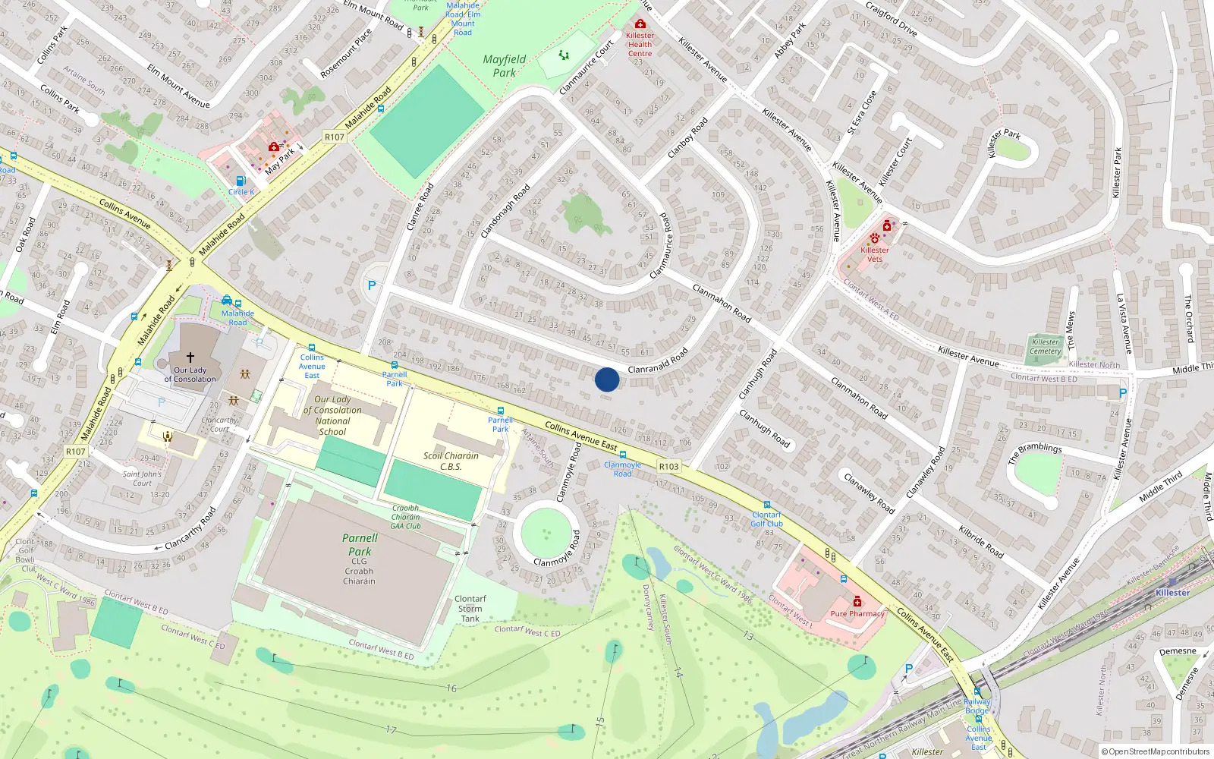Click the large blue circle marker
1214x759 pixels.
607,379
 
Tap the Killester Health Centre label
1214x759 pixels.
640,45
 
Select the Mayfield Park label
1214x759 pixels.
505,66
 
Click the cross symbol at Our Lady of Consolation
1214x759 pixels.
190,357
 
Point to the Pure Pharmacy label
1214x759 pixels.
857,613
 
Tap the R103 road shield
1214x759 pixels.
669,467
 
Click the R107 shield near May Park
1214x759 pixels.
334,137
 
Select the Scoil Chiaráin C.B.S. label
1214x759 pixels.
451,461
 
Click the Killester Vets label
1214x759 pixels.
875,254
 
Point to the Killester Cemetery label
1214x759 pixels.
1046,346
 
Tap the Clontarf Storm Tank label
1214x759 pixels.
470,609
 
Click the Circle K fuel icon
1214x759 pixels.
241,181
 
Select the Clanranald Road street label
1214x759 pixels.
658,361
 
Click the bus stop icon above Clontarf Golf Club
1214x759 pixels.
766,505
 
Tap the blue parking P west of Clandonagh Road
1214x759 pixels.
371,286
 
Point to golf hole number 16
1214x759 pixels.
451,688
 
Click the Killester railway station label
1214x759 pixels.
1172,593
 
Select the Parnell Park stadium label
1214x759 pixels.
360,545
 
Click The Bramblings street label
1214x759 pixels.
1035,453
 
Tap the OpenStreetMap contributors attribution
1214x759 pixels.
1156,752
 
